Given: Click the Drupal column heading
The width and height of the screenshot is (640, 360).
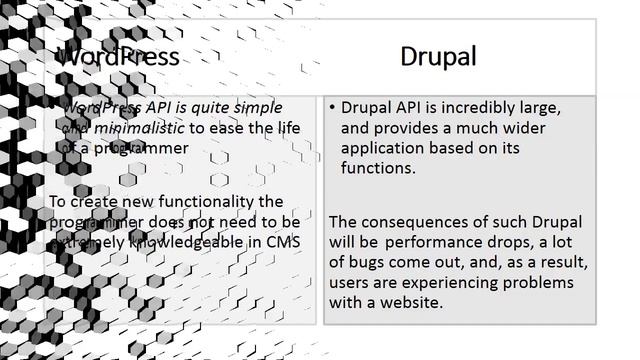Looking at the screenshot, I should coord(438,56).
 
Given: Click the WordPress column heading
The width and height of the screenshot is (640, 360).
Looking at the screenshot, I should coord(118,56).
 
